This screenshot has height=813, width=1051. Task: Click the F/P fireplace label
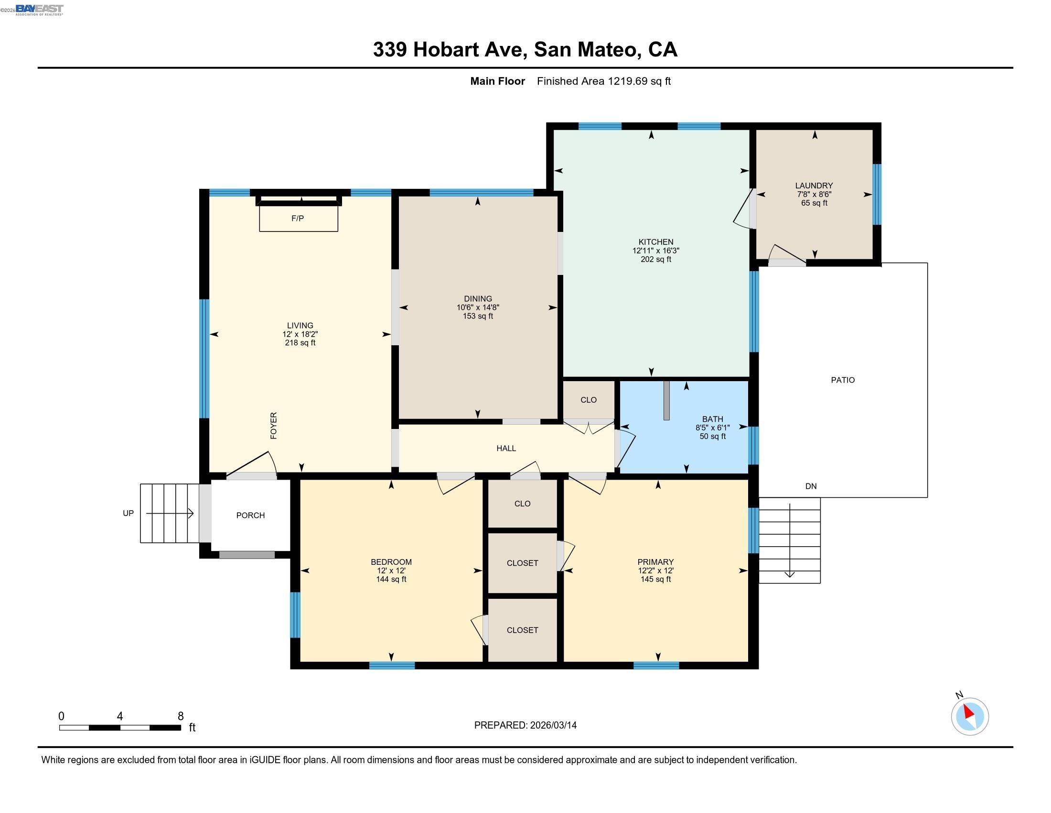pyautogui.click(x=298, y=218)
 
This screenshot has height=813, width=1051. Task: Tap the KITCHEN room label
pyautogui.click(x=655, y=242)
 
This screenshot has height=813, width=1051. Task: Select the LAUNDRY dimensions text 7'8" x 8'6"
pyautogui.click(x=814, y=194)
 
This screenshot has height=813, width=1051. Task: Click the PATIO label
pyautogui.click(x=843, y=380)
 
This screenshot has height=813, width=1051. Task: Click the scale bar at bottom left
pyautogui.click(x=120, y=727)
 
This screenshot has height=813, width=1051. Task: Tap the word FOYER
pyautogui.click(x=273, y=425)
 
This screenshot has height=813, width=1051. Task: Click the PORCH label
pyautogui.click(x=250, y=516)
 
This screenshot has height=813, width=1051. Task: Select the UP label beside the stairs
pyautogui.click(x=128, y=514)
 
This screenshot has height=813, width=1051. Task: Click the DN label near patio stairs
pyautogui.click(x=811, y=486)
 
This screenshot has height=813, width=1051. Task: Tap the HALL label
pyautogui.click(x=506, y=449)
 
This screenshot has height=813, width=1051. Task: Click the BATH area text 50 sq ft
pyautogui.click(x=712, y=436)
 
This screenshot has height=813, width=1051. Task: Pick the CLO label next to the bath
pyautogui.click(x=588, y=400)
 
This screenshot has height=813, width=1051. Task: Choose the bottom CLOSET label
pyautogui.click(x=522, y=630)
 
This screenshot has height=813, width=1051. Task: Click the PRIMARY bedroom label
pyautogui.click(x=655, y=561)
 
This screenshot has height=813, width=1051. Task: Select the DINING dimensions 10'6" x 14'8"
pyautogui.click(x=478, y=308)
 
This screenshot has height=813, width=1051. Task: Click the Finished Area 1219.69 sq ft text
pyautogui.click(x=603, y=81)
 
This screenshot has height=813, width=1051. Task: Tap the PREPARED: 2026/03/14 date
pyautogui.click(x=525, y=725)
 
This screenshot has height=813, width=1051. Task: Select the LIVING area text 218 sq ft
pyautogui.click(x=300, y=343)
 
